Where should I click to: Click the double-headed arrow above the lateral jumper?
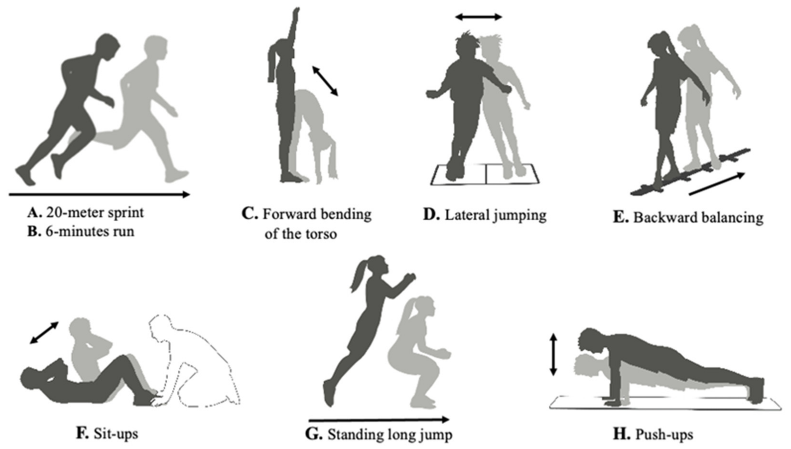479,17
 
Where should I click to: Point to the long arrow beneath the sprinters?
99,194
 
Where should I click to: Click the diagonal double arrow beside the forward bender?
325,80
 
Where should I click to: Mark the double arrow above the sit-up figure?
44,333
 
